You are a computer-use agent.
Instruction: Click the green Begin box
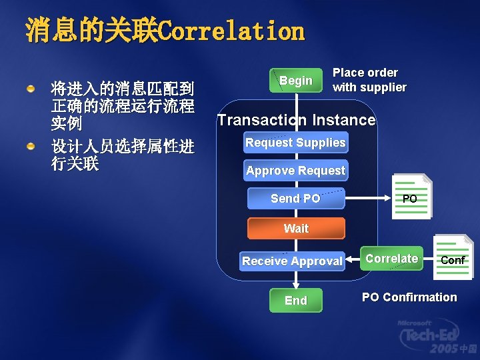coord(295,81)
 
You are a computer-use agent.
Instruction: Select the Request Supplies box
coord(295,142)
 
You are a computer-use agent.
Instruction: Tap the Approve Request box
coord(295,171)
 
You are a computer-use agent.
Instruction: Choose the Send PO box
coord(295,199)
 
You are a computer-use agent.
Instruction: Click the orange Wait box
coord(296,228)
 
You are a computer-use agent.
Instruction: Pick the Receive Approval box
coord(293,261)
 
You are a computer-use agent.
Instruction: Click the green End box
coord(295,301)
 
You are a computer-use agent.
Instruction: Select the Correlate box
coord(392,258)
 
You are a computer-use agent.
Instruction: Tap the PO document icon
coord(411,197)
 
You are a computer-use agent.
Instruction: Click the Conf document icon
coord(453,259)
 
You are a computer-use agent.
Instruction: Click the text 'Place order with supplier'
coord(369,80)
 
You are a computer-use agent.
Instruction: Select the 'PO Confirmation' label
coord(409,297)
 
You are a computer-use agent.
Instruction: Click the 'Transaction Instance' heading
coord(297,120)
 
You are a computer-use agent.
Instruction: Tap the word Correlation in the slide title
coord(233,31)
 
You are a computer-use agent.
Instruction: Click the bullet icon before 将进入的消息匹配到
coord(31,88)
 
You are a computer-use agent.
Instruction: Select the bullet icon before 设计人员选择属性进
coord(31,146)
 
